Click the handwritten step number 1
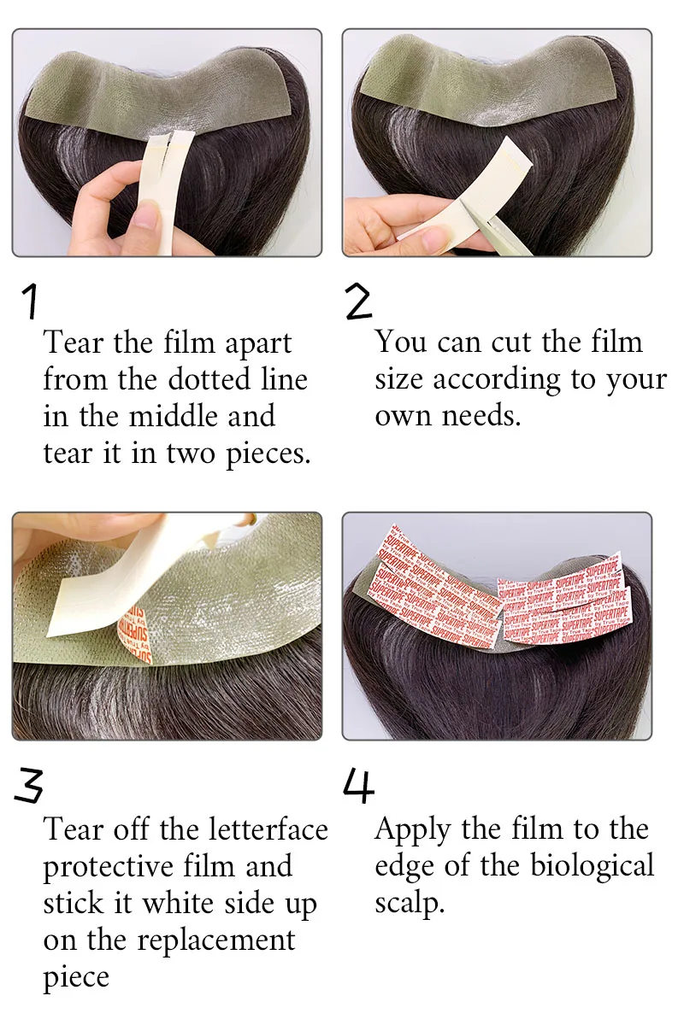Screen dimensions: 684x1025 [x=30, y=301]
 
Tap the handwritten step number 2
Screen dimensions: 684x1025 [x=359, y=301]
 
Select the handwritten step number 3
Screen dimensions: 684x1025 [x=29, y=785]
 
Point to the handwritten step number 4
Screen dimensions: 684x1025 [x=359, y=785]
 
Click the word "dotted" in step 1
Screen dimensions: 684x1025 [x=209, y=379]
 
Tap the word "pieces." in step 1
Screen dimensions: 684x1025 [x=268, y=454]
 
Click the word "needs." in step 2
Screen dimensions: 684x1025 [x=481, y=417]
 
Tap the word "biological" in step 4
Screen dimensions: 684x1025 [x=593, y=865]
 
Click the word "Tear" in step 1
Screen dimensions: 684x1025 [x=74, y=343]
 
